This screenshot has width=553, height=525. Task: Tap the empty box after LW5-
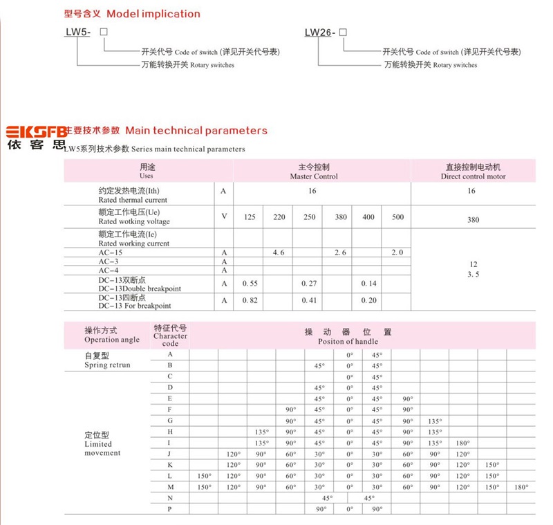pos(104,33)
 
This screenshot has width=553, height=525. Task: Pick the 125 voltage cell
pos(250,217)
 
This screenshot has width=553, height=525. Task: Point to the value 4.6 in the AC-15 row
pos(279,253)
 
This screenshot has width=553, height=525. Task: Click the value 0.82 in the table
pos(250,301)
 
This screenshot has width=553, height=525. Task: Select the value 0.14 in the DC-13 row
pos(368,284)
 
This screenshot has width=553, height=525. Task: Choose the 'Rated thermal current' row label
pos(123,200)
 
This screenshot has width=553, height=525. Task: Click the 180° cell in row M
pos(521,487)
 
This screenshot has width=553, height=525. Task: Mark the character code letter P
pos(170,509)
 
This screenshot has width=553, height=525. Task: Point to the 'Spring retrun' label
pos(107,365)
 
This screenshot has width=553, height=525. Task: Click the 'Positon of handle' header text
pos(348,341)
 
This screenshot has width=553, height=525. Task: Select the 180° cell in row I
pos(462,443)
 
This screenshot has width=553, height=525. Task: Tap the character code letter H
pos(170,432)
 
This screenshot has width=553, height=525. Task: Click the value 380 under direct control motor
pos(473,220)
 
